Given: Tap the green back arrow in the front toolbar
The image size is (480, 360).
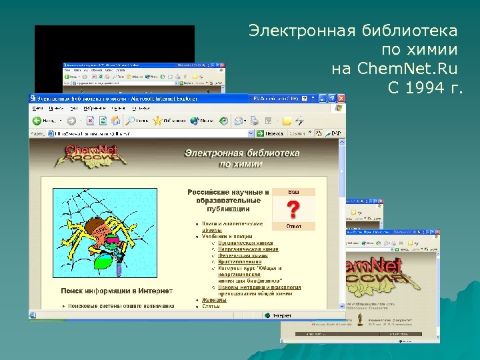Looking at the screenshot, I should (39, 121).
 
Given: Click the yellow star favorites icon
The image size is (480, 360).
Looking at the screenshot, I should (157, 121).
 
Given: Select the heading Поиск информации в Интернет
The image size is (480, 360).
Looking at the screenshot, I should (117, 291).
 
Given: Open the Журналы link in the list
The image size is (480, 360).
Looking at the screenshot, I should (215, 300).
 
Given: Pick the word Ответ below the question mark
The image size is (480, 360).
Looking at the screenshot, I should (293, 227).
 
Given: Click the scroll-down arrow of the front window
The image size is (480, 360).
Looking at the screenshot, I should (341, 305).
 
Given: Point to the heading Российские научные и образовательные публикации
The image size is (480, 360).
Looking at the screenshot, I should (228, 200).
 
